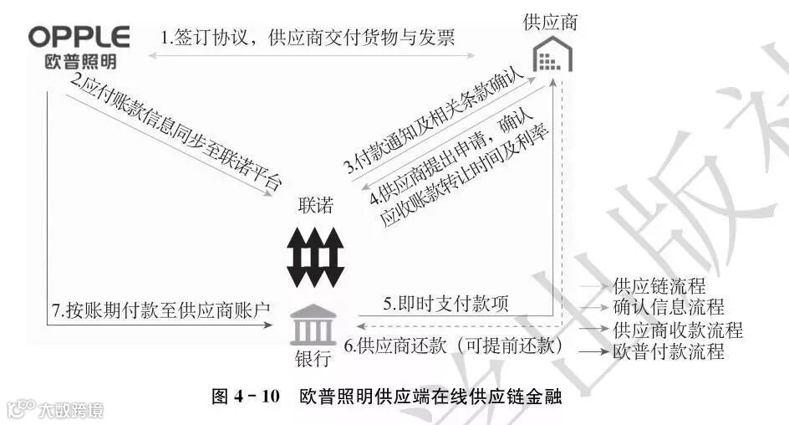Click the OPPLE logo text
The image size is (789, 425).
(79, 38)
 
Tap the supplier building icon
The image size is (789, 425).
(551, 57)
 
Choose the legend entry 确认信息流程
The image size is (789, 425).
(668, 308)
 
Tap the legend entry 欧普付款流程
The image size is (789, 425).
(668, 351)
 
